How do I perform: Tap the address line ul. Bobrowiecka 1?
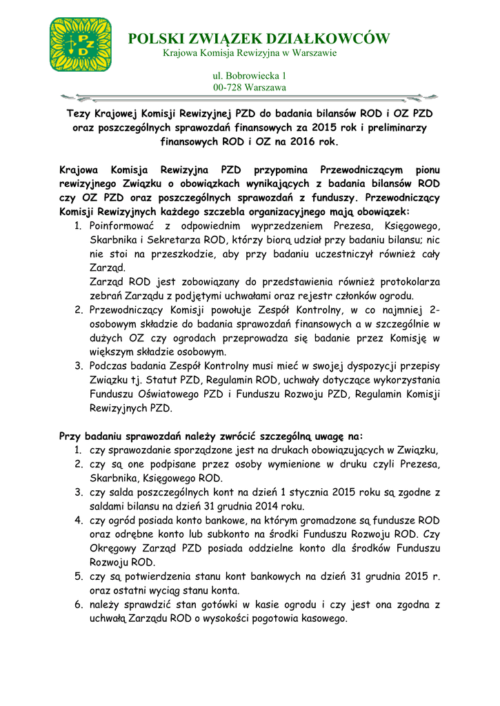249,74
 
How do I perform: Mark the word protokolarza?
408,282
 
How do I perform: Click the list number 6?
79,605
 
